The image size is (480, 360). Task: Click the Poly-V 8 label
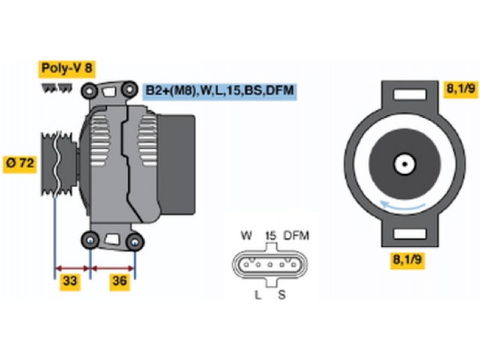click(67, 68)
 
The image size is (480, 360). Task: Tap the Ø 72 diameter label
click(20, 163)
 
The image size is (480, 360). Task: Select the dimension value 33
click(70, 281)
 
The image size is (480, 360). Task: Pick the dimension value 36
click(120, 281)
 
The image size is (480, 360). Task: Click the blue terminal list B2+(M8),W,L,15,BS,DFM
click(220, 91)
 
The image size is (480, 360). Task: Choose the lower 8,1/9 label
click(408, 260)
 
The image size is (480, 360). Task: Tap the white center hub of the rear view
click(403, 163)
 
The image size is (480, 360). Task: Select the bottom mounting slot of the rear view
click(409, 233)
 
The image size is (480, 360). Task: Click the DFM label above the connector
click(296, 235)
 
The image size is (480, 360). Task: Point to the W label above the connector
click(246, 235)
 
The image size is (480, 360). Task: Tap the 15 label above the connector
click(270, 235)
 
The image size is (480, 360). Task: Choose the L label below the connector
click(257, 295)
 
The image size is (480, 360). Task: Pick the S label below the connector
click(281, 295)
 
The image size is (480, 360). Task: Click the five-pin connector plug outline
click(269, 265)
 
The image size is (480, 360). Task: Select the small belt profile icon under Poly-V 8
click(56, 88)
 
